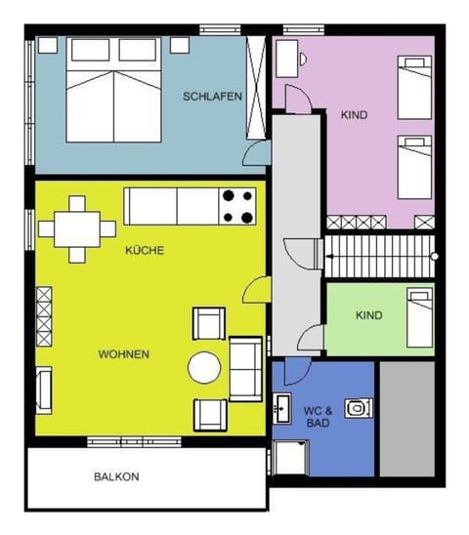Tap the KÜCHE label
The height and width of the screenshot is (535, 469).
click(145, 251)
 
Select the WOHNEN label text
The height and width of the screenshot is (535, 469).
click(123, 353)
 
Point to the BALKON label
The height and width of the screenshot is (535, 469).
click(116, 477)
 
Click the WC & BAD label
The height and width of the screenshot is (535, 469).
click(318, 416)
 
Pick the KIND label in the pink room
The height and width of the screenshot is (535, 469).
click(354, 115)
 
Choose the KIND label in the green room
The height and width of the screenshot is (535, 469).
click(369, 315)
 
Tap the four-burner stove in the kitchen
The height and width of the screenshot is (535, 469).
click(238, 206)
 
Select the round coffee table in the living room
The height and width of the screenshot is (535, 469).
click(205, 367)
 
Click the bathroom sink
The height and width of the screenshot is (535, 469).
click(283, 407)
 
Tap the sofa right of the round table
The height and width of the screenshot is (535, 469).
click(245, 367)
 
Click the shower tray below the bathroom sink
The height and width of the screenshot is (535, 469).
click(289, 457)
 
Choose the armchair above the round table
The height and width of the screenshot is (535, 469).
click(209, 323)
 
